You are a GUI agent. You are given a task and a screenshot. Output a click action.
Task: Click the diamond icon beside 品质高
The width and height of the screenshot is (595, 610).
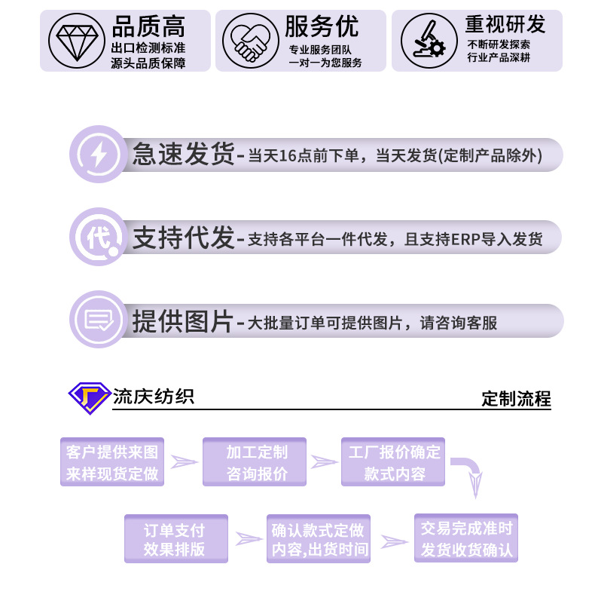[x=76, y=41]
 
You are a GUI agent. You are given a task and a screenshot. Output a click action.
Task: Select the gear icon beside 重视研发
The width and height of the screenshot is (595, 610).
[x=424, y=41]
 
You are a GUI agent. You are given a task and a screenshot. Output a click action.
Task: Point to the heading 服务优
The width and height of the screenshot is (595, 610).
[x=322, y=27]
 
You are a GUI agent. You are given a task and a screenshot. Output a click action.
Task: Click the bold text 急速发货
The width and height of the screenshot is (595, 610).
[x=184, y=155]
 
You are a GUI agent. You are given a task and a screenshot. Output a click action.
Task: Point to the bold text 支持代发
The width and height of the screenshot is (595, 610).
[x=184, y=238]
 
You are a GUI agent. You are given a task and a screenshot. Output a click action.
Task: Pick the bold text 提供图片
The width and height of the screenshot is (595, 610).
[x=184, y=321]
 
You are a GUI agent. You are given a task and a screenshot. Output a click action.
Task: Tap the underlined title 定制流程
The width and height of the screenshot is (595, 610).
[x=516, y=399]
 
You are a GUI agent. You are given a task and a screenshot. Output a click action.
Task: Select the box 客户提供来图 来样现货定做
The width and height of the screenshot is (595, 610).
[x=112, y=462]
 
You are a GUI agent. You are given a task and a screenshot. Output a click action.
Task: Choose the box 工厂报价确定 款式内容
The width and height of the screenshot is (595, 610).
[x=394, y=462]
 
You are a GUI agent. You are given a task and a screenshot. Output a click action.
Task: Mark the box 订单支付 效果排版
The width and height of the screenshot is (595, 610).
[x=175, y=539]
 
